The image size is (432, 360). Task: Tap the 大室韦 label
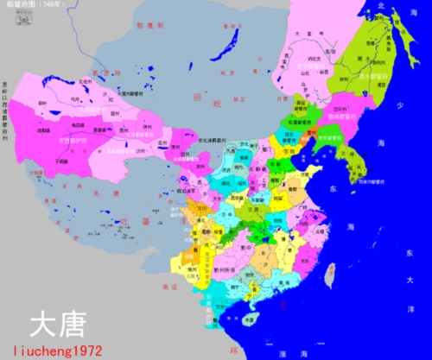pos(302,35)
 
